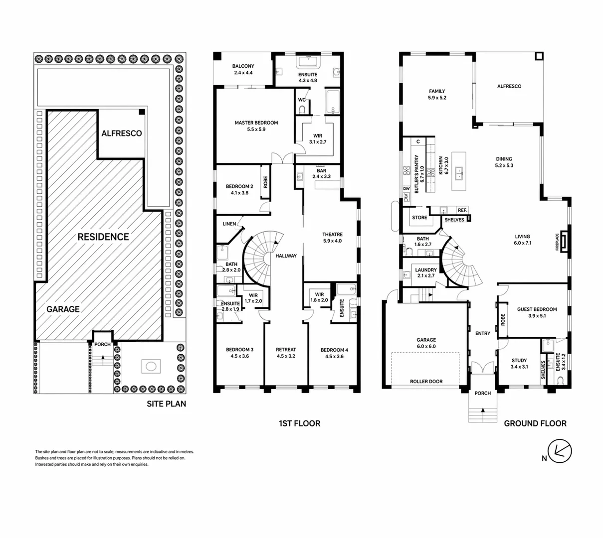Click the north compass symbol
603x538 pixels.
[x=560, y=451]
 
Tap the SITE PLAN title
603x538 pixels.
[x=167, y=403]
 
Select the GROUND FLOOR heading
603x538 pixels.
[x=535, y=423]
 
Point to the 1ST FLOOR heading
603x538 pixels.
[x=299, y=423]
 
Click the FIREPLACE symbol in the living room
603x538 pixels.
[x=564, y=242]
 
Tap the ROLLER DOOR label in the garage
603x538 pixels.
[x=426, y=382]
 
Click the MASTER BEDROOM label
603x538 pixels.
[x=256, y=123]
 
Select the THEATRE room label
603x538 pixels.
[x=333, y=234]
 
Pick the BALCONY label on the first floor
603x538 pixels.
[x=243, y=66]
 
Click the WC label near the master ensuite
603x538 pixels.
[x=302, y=100]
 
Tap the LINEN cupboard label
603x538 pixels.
[x=229, y=224]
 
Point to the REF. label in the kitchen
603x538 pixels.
[x=462, y=210]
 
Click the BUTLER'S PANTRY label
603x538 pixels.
[x=416, y=174]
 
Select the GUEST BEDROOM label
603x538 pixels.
[x=537, y=309]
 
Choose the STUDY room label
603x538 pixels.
[x=519, y=360]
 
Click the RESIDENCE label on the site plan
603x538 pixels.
[x=103, y=237]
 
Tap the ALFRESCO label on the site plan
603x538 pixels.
[x=122, y=133]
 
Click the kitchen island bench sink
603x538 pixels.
[x=459, y=173]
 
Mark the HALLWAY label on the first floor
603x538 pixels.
[x=286, y=256]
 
